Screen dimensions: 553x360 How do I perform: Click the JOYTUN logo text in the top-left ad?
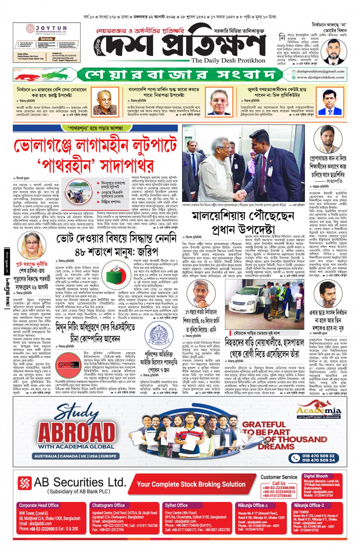[51, 28]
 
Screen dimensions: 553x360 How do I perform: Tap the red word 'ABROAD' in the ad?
[77, 432]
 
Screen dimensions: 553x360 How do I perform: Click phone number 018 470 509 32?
[318, 456]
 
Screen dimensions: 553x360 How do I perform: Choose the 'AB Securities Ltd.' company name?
[80, 482]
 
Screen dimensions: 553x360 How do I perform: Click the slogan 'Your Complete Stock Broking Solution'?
[191, 484]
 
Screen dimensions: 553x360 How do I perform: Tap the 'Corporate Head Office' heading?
[39, 505]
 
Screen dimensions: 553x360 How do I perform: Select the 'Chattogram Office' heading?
[108, 505]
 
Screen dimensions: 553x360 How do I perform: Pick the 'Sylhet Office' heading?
[176, 505]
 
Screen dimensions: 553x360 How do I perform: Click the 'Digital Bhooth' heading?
[315, 476]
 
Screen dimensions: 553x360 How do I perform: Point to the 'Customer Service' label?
[279, 477]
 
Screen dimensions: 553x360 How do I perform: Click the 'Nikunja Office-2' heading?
[309, 505]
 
